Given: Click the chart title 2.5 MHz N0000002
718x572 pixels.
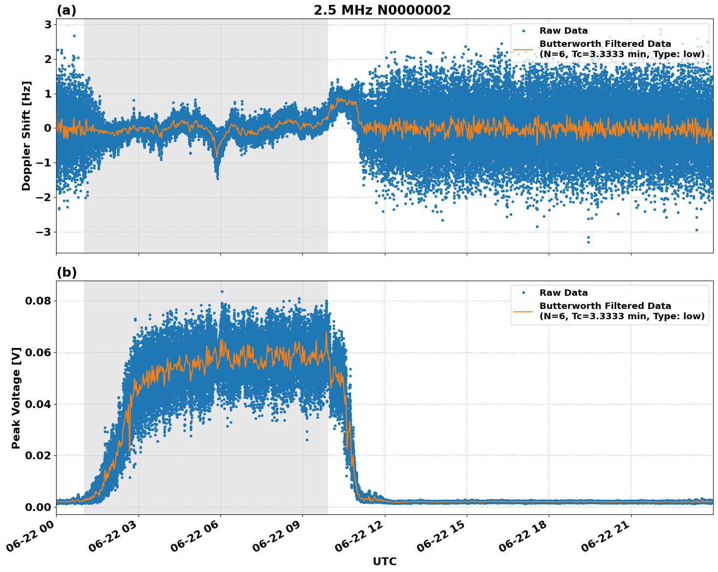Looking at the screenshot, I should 382,10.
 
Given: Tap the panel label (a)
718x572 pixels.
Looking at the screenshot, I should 66,10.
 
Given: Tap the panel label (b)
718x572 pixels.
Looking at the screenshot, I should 66,272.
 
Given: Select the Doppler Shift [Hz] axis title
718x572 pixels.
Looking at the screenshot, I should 26,136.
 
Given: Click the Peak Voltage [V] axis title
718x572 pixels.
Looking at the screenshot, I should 16,398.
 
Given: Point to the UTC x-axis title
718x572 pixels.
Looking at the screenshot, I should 384,561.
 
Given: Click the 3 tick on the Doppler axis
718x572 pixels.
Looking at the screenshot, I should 48,25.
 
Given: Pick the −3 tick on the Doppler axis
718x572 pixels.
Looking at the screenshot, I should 44,232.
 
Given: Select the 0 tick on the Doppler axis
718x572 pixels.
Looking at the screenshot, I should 48,128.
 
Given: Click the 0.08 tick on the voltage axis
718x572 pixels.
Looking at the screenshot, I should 38,301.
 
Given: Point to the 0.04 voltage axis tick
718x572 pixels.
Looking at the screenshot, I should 38,404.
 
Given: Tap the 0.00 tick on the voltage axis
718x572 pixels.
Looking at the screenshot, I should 38,507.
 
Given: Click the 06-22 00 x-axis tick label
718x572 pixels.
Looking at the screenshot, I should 30,536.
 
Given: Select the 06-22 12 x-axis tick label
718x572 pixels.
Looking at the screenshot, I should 359,536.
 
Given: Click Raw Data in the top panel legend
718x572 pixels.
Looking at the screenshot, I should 563,31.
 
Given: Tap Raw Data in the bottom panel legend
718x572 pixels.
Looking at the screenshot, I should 563,293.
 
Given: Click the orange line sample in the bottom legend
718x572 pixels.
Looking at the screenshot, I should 523,311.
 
